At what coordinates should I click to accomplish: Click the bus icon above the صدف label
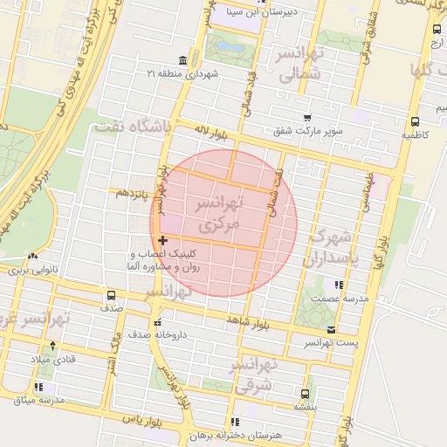(111, 295)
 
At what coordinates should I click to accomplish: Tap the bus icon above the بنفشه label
(304, 394)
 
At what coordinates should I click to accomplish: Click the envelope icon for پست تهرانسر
(331, 329)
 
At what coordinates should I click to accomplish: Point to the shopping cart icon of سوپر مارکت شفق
(306, 118)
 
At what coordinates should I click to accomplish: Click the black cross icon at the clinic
(162, 239)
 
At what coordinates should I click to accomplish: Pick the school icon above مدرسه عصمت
(338, 284)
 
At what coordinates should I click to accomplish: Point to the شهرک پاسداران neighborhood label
(328, 247)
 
